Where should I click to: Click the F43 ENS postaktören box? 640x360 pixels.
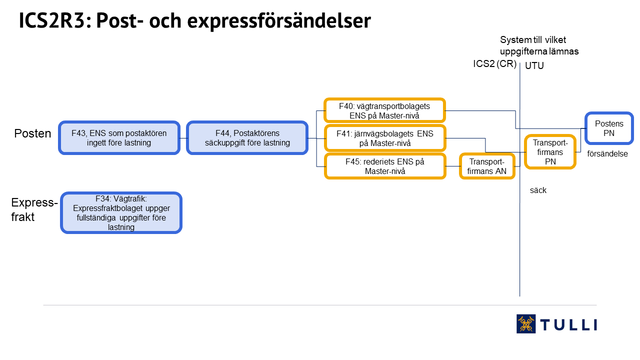(119, 138)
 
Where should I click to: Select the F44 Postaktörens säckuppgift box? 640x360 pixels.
(247, 138)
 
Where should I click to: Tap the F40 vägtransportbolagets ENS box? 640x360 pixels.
(385, 110)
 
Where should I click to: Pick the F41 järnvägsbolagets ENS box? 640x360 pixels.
(385, 138)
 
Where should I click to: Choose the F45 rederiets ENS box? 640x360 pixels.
(385, 166)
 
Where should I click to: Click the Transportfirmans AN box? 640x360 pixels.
(487, 166)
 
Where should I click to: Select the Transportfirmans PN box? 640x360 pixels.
(550, 152)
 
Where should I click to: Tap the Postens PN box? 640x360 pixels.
(609, 128)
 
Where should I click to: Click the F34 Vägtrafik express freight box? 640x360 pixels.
(121, 213)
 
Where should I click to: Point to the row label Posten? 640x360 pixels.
(32, 133)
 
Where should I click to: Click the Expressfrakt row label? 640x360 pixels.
(34, 209)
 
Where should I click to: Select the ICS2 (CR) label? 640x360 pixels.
(494, 63)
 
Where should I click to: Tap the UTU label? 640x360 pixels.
(534, 65)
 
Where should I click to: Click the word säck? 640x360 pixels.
(538, 190)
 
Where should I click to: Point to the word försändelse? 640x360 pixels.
(607, 153)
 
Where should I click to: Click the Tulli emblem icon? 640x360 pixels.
(526, 323)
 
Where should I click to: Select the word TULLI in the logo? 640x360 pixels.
(568, 325)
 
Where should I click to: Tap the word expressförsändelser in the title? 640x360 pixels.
(279, 21)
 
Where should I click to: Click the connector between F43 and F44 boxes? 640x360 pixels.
(183, 138)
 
